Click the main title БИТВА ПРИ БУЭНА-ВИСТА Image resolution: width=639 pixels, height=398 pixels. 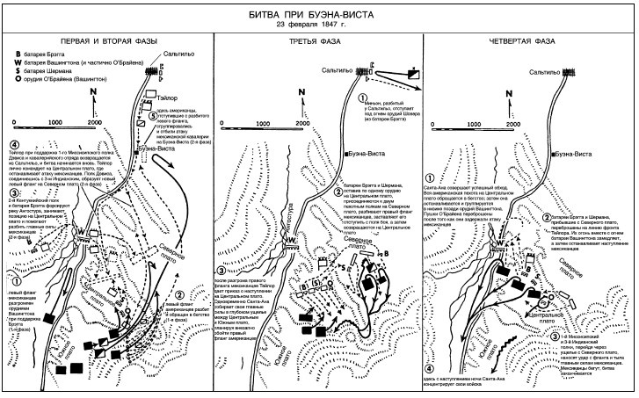(x=319, y=11)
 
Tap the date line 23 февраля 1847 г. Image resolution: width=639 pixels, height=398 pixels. (x=319, y=25)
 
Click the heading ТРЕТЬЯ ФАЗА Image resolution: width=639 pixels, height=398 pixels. (x=318, y=42)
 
